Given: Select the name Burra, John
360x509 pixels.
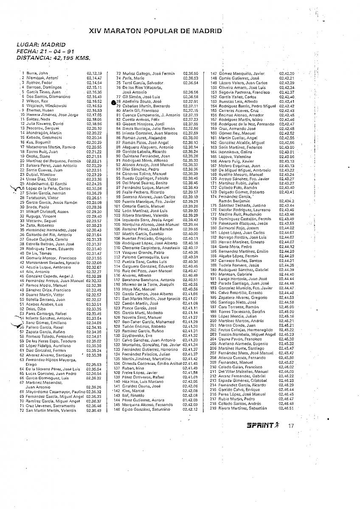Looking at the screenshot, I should click(35, 73).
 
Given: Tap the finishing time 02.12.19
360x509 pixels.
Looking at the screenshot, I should click(94, 73).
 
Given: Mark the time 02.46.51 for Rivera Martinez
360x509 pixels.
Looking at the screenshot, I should click(287, 408).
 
